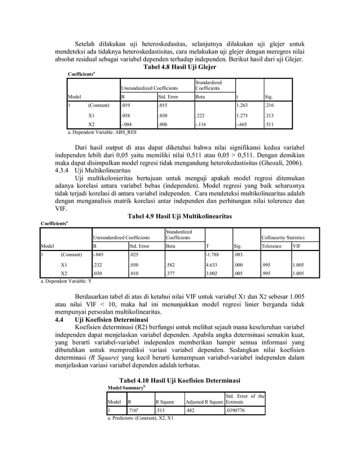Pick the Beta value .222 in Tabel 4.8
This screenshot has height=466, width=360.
[x=201, y=115]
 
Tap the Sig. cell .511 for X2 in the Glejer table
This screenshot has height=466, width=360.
[x=271, y=124]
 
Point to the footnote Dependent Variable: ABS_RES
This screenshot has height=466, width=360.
[x=102, y=133]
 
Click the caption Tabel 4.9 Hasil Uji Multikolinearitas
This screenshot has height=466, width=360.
[x=181, y=216]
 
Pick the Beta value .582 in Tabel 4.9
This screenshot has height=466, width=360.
[x=172, y=264]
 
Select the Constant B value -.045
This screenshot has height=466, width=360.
[x=99, y=255]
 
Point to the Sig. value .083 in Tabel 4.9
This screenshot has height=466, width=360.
[x=240, y=255]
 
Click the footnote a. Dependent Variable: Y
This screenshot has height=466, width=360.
[x=60, y=281]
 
